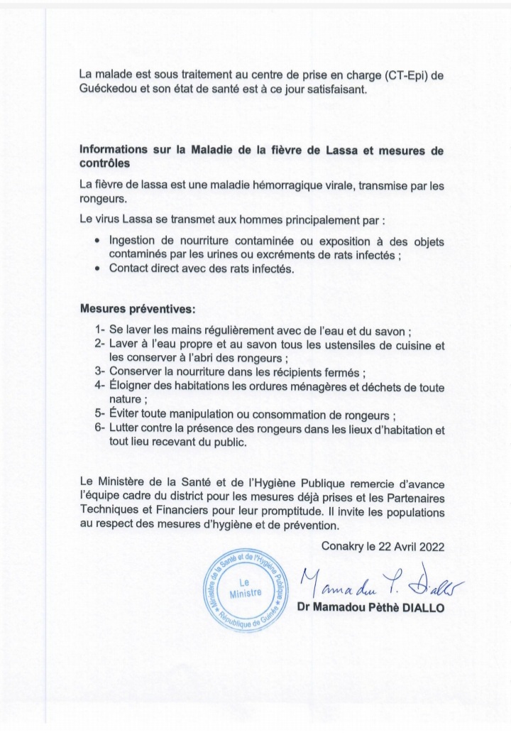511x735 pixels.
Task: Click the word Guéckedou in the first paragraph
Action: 111,90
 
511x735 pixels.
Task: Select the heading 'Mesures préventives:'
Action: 137,310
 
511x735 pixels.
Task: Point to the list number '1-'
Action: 100,331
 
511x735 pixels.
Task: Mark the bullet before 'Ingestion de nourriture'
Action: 97,241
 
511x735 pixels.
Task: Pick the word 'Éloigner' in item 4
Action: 131,386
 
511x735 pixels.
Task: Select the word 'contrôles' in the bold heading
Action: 106,163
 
